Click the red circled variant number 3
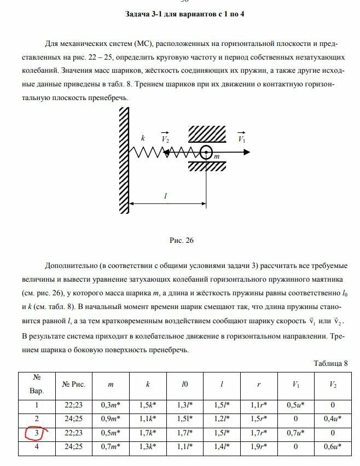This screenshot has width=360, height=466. click(x=37, y=434)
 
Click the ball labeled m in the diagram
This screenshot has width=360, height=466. click(x=207, y=153)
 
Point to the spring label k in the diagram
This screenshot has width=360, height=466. click(x=143, y=139)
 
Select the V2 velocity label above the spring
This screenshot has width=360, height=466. click(x=166, y=139)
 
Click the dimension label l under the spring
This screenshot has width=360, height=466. click(x=166, y=195)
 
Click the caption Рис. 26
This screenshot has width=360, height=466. click(x=183, y=240)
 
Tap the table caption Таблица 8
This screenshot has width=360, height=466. click(x=330, y=363)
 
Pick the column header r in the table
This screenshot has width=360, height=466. click(x=259, y=385)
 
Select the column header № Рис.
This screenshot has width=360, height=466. click(x=73, y=385)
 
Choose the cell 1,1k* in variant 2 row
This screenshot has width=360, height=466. click(x=148, y=420)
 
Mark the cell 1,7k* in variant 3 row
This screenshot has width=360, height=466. click(x=148, y=434)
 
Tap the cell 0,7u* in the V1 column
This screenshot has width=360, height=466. click(x=296, y=434)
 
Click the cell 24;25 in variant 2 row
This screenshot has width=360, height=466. click(x=73, y=420)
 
